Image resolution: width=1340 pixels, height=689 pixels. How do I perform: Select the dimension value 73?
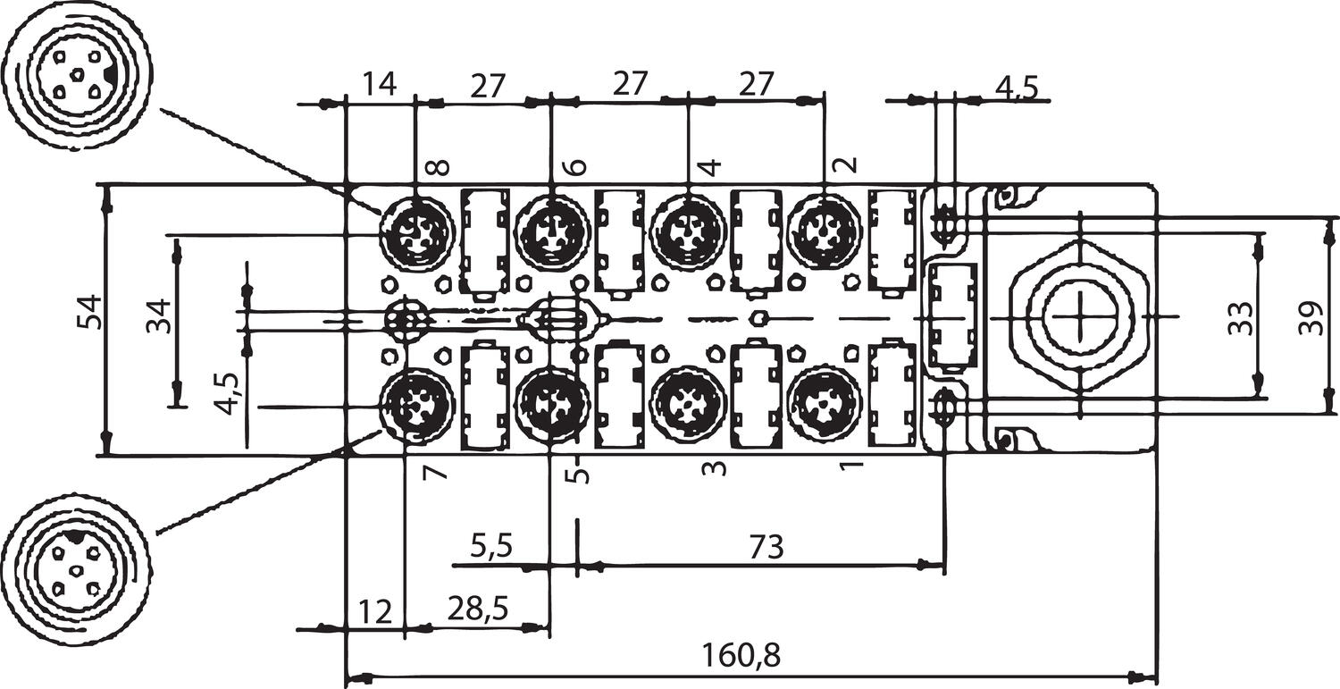(x=766, y=547)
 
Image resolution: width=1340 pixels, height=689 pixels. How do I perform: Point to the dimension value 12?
(x=376, y=612)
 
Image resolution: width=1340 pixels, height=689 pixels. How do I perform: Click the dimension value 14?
(x=380, y=85)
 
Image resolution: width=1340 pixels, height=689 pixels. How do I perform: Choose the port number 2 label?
(x=845, y=164)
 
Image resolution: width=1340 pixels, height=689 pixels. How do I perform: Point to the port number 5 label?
(x=582, y=471)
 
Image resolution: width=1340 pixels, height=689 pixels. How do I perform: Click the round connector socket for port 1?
(x=824, y=406)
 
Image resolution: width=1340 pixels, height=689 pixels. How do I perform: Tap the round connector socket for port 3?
(x=687, y=406)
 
